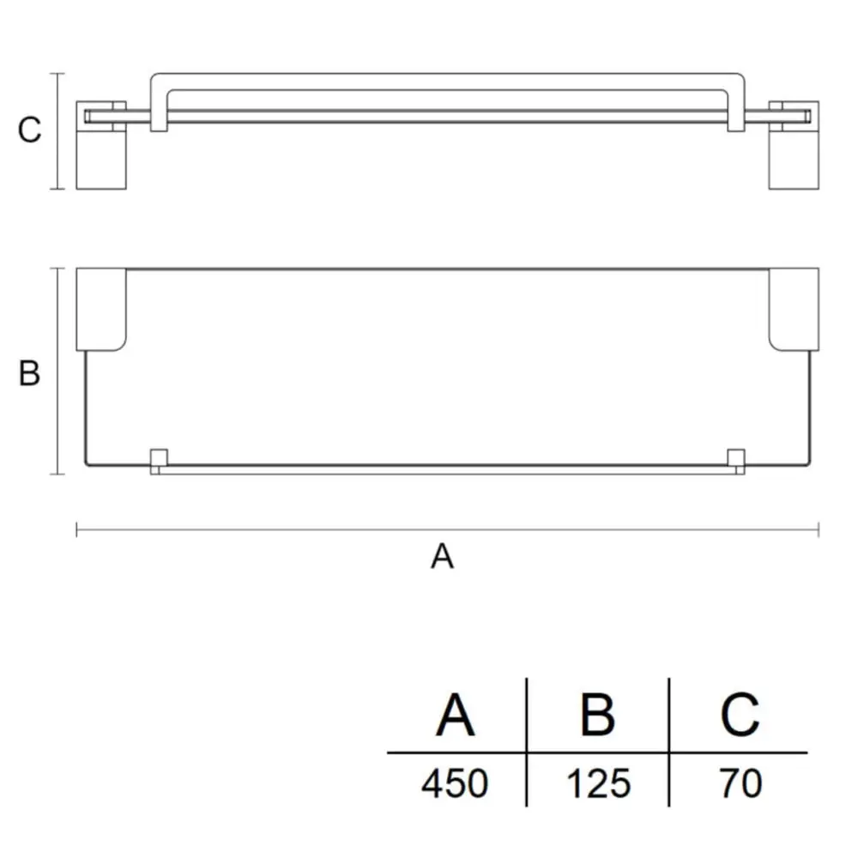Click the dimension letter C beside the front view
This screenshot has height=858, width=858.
coord(29,130)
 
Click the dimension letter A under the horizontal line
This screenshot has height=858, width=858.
coord(442,556)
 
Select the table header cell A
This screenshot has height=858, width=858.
coord(456,715)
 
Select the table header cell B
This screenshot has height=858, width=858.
coord(597,715)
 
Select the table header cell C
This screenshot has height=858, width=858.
coord(740,715)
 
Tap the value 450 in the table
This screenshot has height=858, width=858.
coord(455,783)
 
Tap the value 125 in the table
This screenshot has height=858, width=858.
coord(599,783)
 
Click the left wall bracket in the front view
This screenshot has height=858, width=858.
coord(101,145)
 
